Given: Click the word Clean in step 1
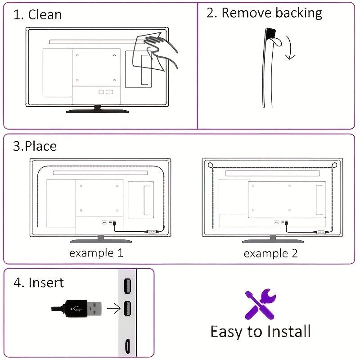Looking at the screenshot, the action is click(45, 15).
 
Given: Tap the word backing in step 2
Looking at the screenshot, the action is click(299, 13).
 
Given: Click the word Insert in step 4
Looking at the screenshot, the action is click(46, 283).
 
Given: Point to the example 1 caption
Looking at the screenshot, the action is click(96, 253).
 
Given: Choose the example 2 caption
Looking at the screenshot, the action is click(271, 253).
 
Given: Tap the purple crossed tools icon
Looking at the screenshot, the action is click(261, 304).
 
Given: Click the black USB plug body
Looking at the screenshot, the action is click(76, 309).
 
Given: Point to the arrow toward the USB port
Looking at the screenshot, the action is click(114, 308).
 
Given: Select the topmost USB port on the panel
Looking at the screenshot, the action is click(127, 286).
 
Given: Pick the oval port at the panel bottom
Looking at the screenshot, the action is click(128, 346).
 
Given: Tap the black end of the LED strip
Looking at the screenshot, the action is click(270, 33).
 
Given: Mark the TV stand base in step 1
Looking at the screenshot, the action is click(98, 111).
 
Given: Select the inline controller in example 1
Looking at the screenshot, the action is click(151, 232).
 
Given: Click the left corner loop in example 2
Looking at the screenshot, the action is click(210, 165).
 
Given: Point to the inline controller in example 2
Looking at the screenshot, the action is click(321, 232).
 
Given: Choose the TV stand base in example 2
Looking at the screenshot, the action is click(273, 241).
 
